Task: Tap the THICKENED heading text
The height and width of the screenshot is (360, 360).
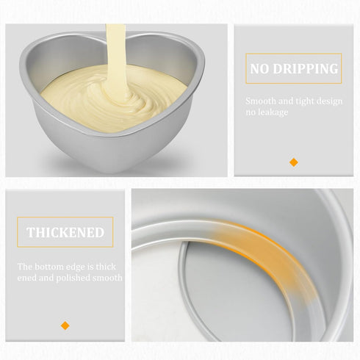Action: click(65, 232)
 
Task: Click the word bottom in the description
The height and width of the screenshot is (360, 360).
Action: click(50, 267)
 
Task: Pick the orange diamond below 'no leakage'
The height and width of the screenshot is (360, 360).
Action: click(294, 162)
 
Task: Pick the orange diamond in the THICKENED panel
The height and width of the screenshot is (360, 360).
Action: click(65, 325)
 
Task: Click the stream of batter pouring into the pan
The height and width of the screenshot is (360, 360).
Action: click(116, 59)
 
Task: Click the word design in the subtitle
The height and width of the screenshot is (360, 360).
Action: click(330, 101)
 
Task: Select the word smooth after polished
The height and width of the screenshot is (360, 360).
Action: click(107, 278)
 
